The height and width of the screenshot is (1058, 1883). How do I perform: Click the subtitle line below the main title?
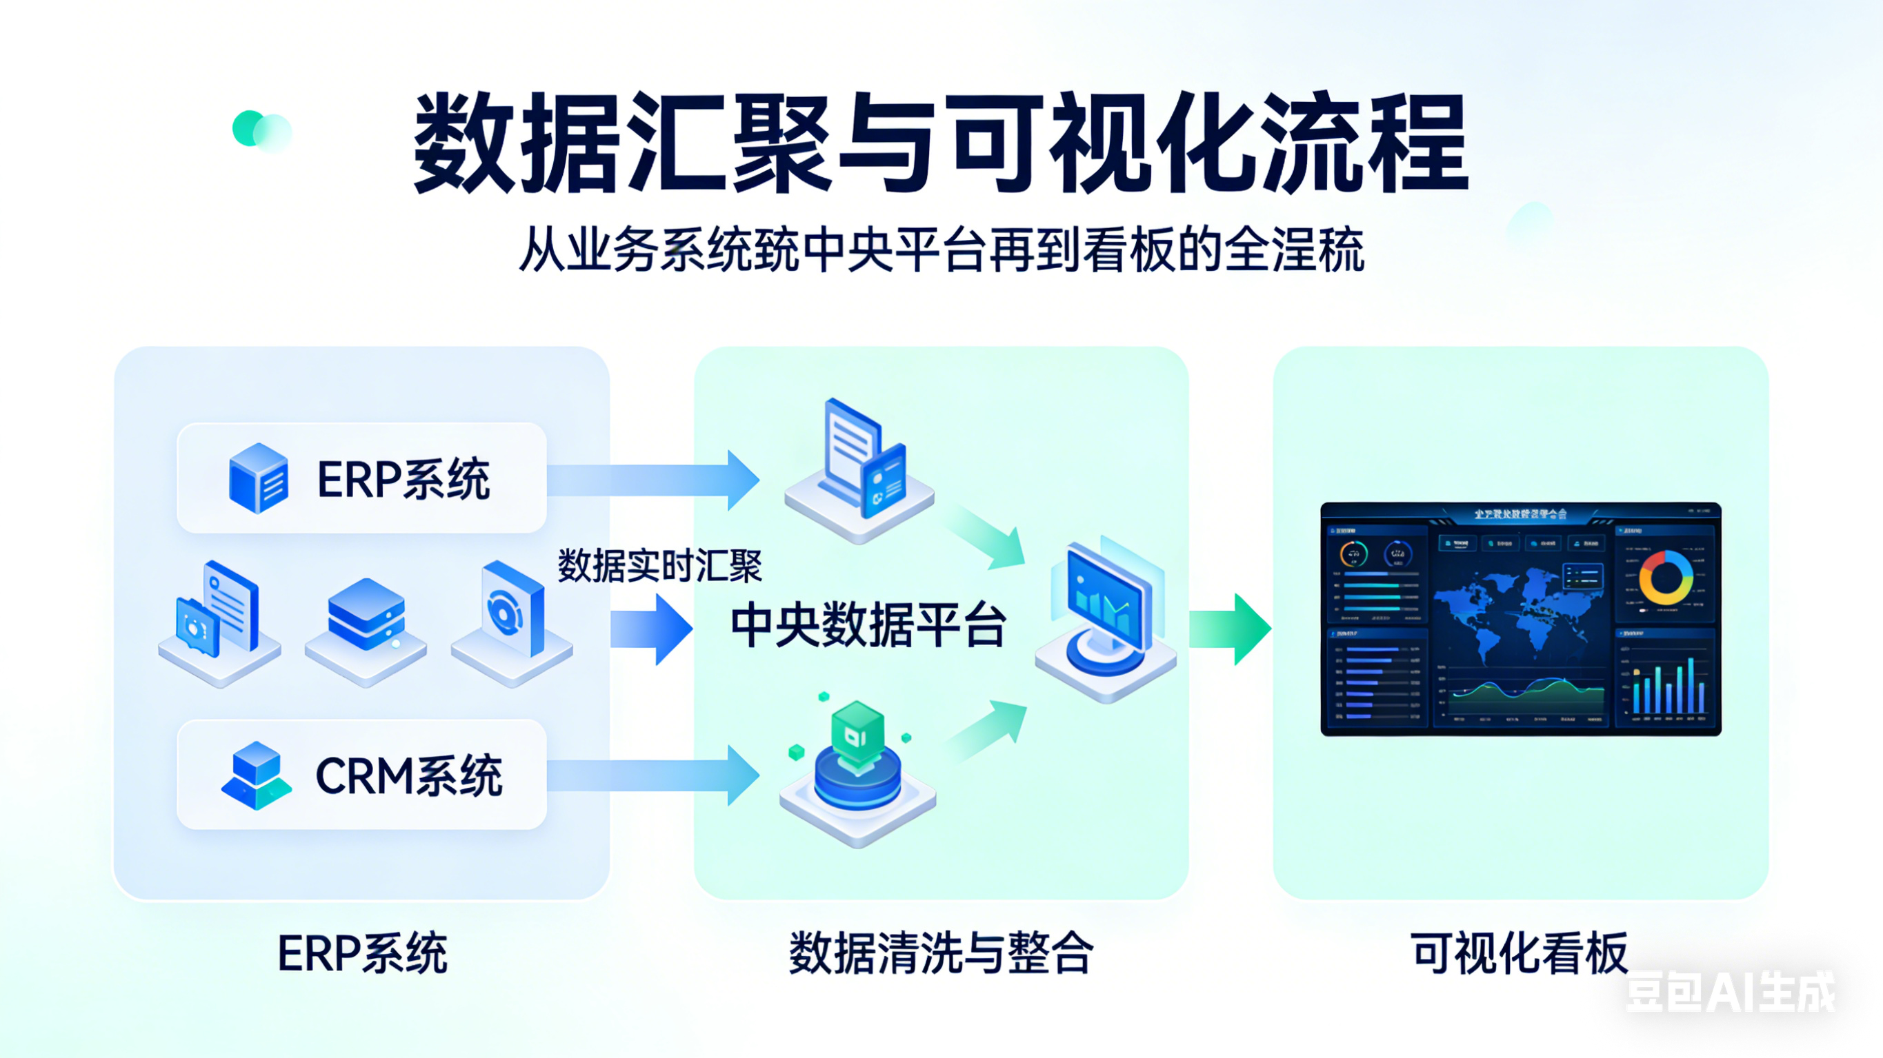[941, 250]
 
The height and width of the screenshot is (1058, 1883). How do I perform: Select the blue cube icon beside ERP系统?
[258, 478]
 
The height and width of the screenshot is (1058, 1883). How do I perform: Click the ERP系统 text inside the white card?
[403, 479]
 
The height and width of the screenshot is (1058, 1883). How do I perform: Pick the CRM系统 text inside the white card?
[408, 775]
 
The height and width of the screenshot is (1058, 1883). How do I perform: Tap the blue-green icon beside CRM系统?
[257, 775]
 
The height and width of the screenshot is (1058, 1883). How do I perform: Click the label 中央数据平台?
[868, 625]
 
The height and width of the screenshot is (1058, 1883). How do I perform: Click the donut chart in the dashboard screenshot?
[1666, 577]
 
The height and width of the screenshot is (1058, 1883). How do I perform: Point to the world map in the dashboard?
[1517, 613]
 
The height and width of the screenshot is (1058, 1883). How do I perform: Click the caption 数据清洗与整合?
[941, 953]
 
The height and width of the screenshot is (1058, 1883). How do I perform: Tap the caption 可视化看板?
[1519, 953]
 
